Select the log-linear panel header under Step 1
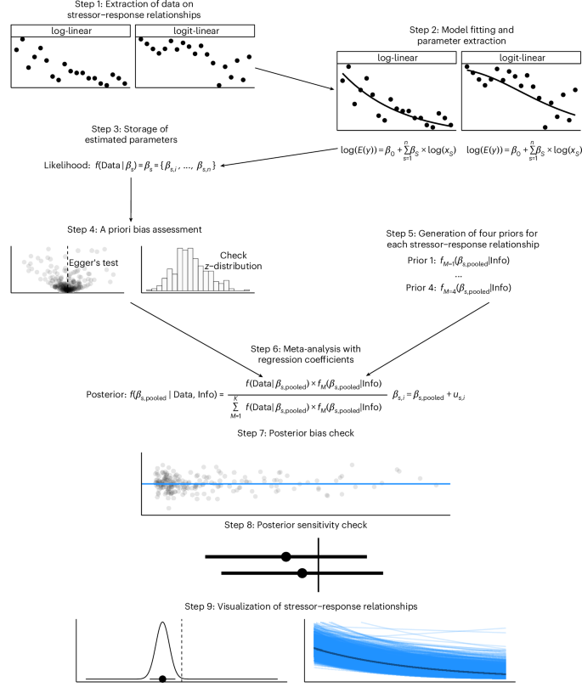pos(70,31)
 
